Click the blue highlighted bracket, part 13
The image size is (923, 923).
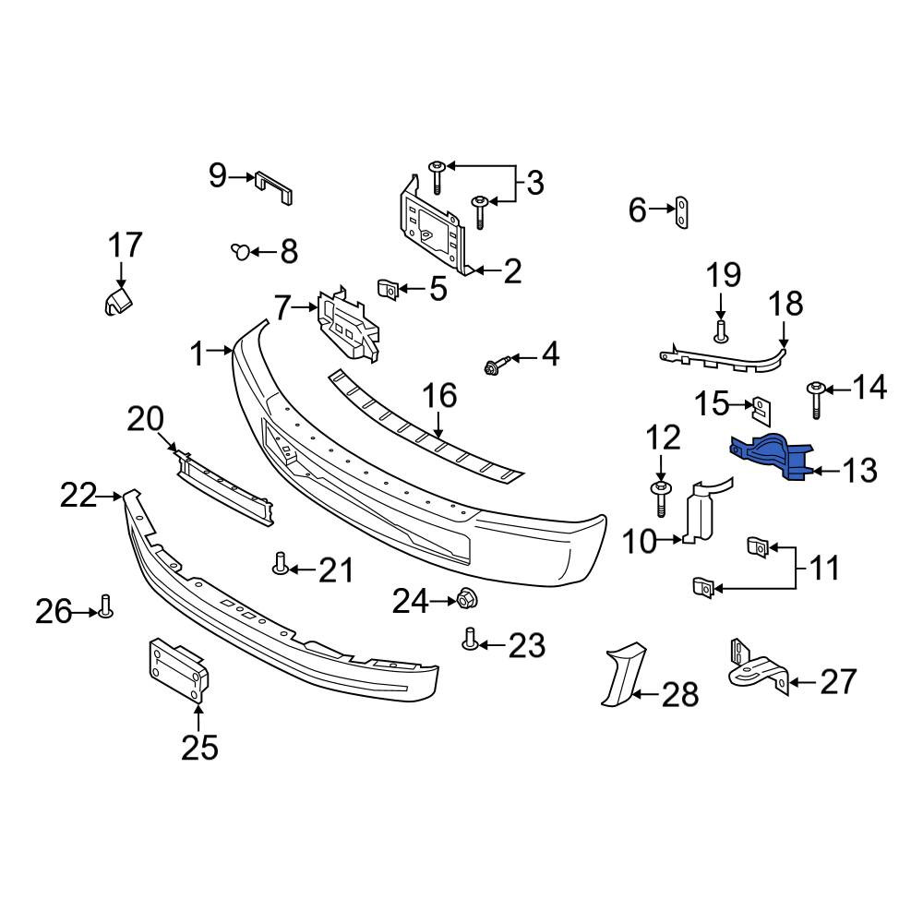point(771,457)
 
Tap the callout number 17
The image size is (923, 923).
point(126,245)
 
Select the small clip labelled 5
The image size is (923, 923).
point(388,288)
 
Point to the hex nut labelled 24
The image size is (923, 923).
point(467,600)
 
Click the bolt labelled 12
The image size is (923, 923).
point(661,498)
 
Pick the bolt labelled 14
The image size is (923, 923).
point(816,400)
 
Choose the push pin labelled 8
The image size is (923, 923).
point(240,251)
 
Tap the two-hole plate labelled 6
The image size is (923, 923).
point(681,212)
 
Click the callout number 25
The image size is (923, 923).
point(199,748)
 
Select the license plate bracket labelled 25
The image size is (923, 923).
point(179,670)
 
